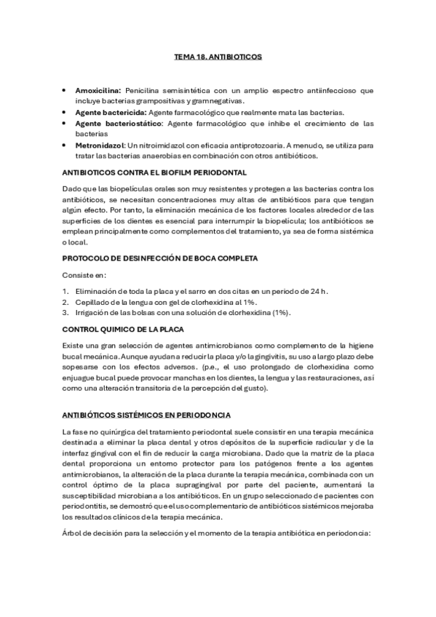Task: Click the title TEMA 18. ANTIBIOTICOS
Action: (218, 55)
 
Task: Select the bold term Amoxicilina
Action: (98, 90)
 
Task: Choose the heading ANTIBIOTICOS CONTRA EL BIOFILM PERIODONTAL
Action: (155, 172)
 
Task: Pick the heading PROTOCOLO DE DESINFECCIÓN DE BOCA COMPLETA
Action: (159, 258)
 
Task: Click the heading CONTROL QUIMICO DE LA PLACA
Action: (122, 329)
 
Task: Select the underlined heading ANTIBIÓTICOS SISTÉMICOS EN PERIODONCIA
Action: (150, 414)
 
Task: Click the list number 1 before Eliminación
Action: (66, 291)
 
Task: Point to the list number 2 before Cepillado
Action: (66, 302)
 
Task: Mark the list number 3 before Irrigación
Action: (66, 313)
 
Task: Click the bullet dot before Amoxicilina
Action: (66, 90)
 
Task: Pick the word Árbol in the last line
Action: (74, 532)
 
